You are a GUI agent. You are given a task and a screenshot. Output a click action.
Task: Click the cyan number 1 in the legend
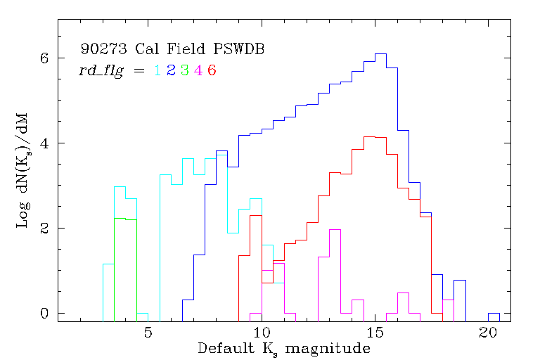(157, 70)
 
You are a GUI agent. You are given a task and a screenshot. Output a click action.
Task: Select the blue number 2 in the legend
(171, 70)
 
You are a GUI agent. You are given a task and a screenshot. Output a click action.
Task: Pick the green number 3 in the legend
(184, 70)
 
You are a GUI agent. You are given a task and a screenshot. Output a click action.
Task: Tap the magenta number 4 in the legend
(198, 70)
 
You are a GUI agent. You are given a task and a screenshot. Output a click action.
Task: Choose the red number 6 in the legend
(211, 70)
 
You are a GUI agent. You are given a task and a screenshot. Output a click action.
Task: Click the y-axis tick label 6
(44, 58)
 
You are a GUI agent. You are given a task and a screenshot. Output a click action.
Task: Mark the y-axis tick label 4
(44, 143)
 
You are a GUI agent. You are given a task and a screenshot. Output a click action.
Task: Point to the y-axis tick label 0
(44, 313)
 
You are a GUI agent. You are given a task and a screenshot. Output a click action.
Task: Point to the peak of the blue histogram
(381, 53)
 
